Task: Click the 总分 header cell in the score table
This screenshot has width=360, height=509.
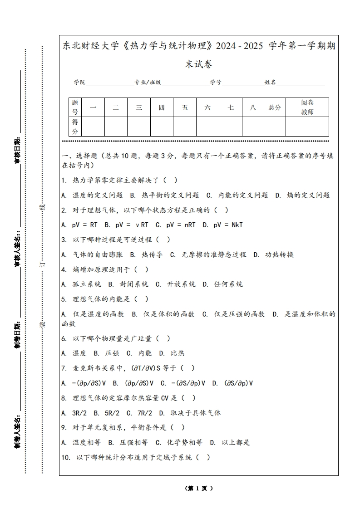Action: (275, 108)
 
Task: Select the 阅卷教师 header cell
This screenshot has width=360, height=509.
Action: (307, 108)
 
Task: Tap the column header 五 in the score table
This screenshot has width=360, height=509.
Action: (185, 108)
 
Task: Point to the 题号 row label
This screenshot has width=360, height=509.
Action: (75, 108)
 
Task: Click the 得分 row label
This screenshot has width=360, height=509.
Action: (75, 127)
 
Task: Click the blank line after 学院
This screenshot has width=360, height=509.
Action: (109, 83)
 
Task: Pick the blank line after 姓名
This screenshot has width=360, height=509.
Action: (301, 83)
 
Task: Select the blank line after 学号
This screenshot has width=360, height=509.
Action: (243, 83)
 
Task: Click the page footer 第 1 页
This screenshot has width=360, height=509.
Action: (199, 488)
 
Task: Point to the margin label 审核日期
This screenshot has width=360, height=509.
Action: (18, 150)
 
